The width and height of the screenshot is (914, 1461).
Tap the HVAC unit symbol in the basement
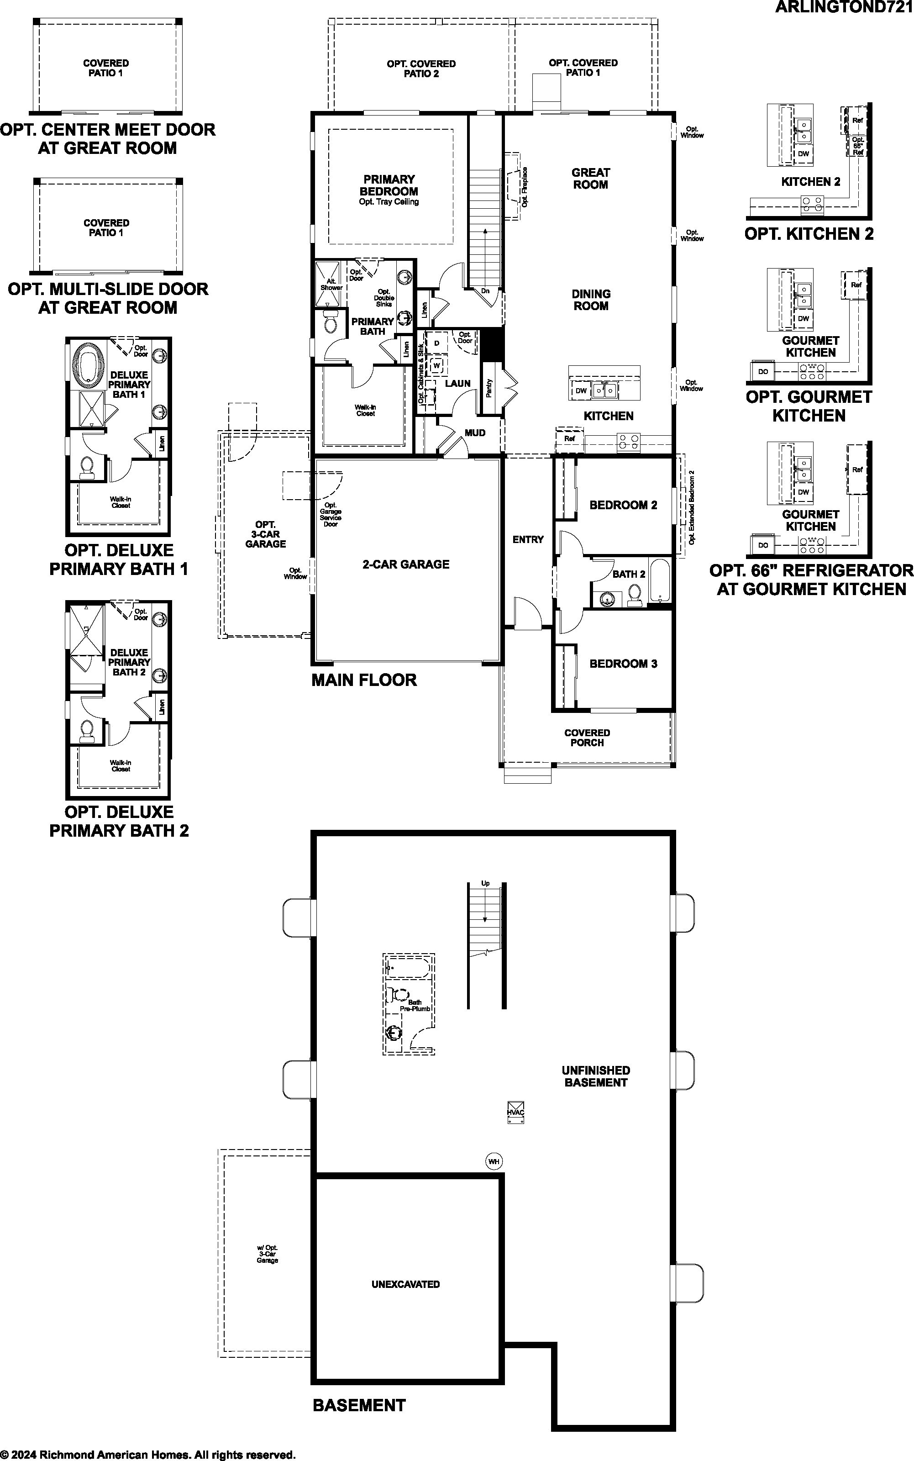[x=515, y=1112]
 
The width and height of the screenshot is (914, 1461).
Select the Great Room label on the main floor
[x=591, y=179]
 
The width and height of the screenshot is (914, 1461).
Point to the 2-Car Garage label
[x=405, y=564]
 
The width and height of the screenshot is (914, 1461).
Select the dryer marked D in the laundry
[x=436, y=343]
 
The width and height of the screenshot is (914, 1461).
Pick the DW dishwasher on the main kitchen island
[x=581, y=390]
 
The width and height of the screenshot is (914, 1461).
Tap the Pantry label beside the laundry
[x=489, y=388]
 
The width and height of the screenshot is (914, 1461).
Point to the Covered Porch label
[x=587, y=738]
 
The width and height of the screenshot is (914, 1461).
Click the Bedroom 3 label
[x=623, y=664]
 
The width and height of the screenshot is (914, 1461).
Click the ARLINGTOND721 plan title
[x=844, y=7]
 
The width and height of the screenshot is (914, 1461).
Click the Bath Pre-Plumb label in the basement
[x=415, y=1006]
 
